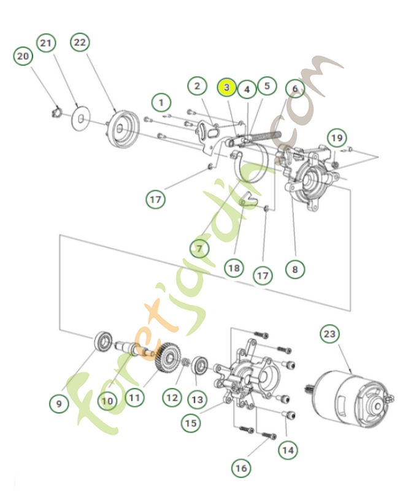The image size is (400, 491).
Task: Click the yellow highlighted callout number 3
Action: pyautogui.click(x=226, y=88)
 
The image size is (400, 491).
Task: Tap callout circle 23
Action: pyautogui.click(x=329, y=334)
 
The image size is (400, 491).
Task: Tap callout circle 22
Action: pyautogui.click(x=80, y=42)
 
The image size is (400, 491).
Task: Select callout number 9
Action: pyautogui.click(x=58, y=404)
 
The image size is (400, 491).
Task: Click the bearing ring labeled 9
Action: pyautogui.click(x=103, y=341)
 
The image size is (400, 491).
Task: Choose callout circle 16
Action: pyautogui.click(x=240, y=468)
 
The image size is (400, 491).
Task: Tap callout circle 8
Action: pyautogui.click(x=294, y=268)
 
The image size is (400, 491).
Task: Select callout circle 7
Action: pyautogui.click(x=199, y=248)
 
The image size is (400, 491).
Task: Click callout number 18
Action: pyautogui.click(x=233, y=268)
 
